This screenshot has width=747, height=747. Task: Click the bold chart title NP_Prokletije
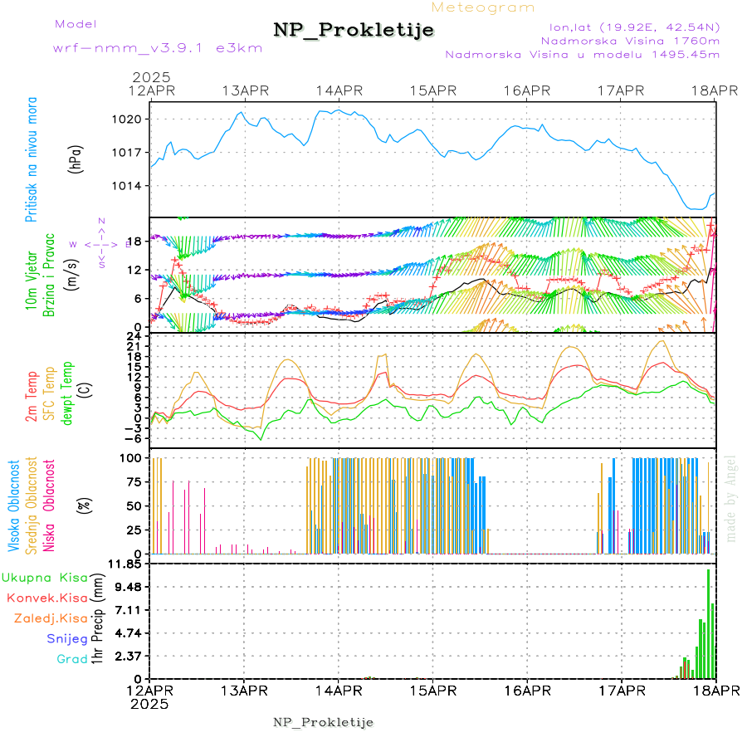354,31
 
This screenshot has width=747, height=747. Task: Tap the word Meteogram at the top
483,7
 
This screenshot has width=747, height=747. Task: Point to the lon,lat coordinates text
629,27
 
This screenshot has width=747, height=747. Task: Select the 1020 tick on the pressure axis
129,119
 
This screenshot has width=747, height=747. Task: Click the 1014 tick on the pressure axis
129,185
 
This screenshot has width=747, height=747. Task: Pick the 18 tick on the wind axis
136,241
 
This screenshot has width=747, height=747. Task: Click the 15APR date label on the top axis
432,90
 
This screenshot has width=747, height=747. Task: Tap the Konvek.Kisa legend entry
46,598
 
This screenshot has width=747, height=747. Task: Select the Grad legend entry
71,659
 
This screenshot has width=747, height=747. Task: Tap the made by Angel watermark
731,498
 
